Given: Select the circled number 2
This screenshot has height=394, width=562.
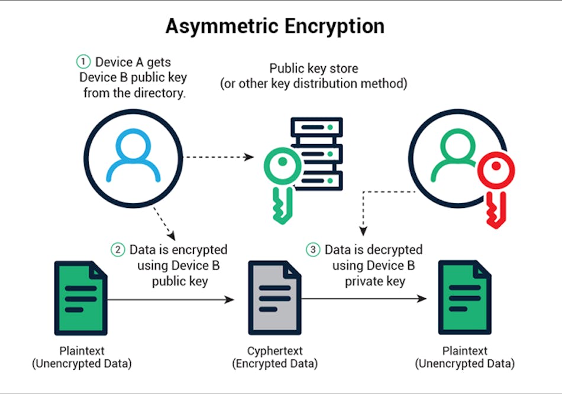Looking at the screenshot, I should click(118, 250).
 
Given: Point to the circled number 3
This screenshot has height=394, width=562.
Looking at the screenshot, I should click(314, 250).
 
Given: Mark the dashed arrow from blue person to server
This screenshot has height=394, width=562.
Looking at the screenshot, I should click(219, 158).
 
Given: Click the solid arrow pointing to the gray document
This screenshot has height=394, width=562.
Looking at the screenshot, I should click(172, 300).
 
